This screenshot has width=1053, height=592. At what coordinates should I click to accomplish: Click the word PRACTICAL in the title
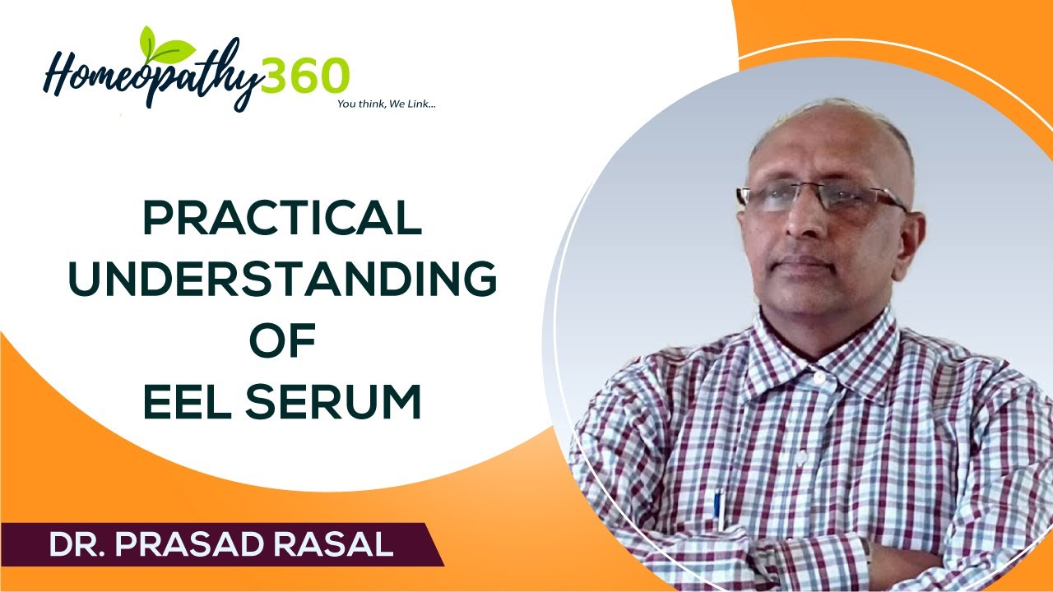[282, 220]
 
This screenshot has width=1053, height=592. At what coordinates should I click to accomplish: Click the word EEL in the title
[191, 403]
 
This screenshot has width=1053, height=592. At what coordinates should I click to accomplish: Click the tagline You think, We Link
[386, 104]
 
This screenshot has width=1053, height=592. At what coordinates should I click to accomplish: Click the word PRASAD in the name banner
[206, 545]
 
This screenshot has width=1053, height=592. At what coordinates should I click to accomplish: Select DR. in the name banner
[79, 545]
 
